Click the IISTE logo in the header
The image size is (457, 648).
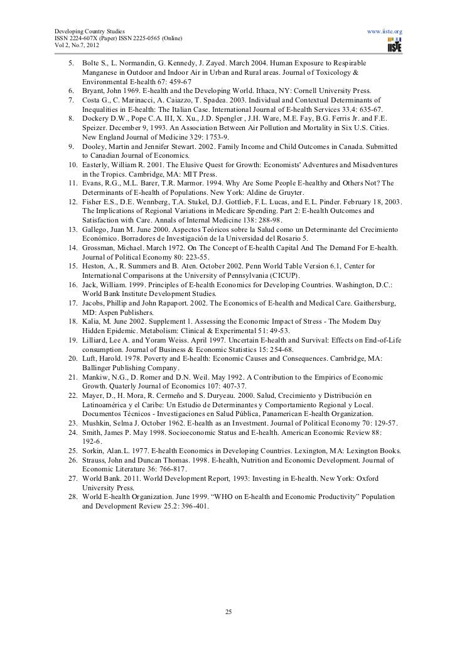395,44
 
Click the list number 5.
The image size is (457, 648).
72,64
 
